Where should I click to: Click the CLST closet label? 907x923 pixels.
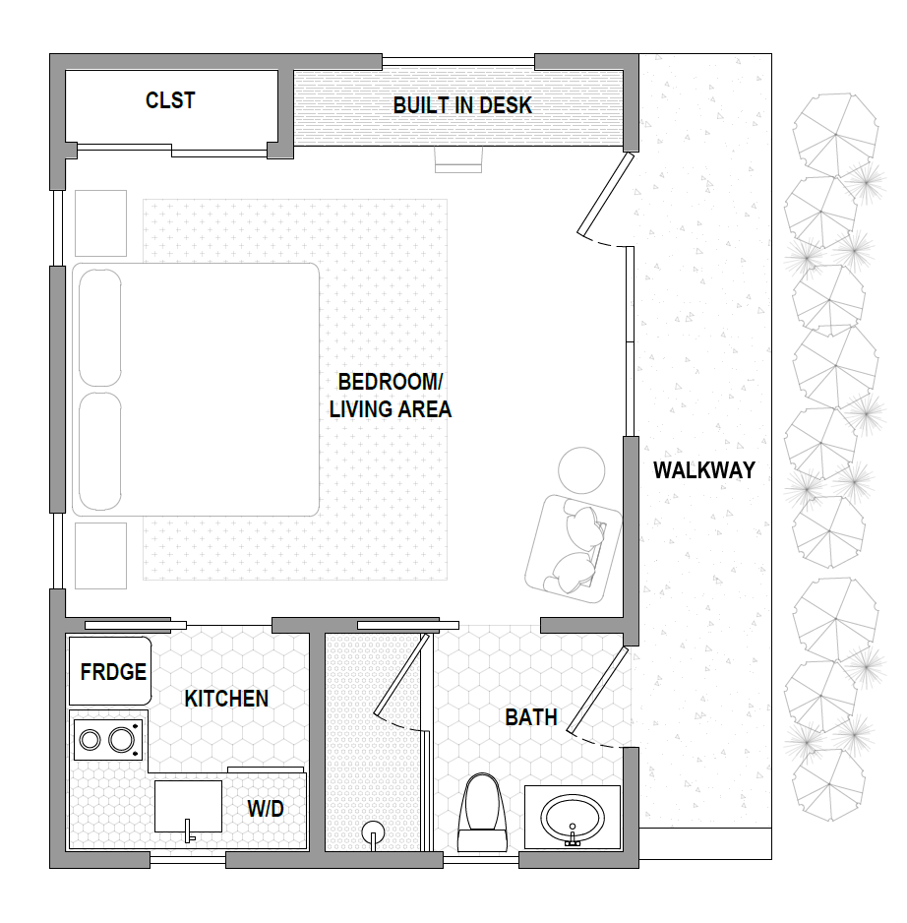(170, 100)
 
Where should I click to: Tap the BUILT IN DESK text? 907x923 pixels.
(462, 105)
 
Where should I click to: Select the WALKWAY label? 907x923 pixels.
(704, 470)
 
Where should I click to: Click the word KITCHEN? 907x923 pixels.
(226, 699)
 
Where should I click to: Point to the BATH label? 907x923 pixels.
(531, 717)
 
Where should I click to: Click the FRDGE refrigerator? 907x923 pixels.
(110, 671)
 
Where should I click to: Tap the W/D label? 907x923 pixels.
(266, 809)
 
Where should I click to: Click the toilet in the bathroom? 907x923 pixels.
(483, 813)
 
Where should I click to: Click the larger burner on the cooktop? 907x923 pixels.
(122, 739)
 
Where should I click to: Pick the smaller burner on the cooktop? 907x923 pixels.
(91, 739)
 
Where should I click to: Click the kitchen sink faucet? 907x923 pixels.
(189, 831)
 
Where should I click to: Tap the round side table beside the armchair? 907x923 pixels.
(581, 470)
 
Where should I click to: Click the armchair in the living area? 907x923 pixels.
(574, 549)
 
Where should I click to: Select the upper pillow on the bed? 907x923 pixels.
(100, 328)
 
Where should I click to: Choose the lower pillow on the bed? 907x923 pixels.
(100, 452)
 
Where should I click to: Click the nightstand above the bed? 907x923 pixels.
(100, 223)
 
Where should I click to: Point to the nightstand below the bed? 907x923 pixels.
(100, 556)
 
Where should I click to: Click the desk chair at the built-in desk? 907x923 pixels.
(458, 159)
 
